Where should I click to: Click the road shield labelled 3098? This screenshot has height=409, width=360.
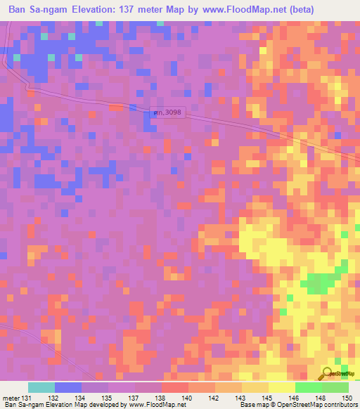click(x=167, y=112)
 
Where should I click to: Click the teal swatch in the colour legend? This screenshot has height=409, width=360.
click(x=41, y=387)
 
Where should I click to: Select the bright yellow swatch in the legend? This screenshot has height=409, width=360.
click(x=281, y=387)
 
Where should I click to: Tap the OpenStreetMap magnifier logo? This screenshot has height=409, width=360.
click(x=328, y=375)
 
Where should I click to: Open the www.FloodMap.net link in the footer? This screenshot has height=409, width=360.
click(x=154, y=405)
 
